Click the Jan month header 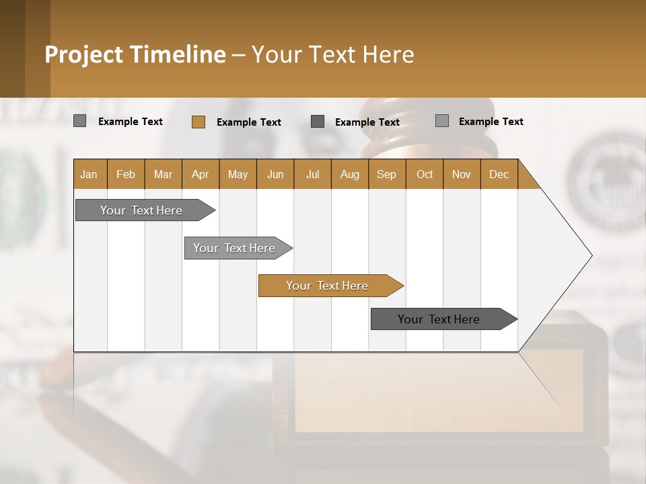[89, 174]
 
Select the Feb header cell [126, 174]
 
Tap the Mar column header [163, 174]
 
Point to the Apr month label [200, 174]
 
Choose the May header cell [238, 174]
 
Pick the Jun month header [275, 174]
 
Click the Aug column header [349, 174]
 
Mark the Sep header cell [386, 174]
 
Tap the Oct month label [425, 174]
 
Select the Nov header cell [462, 174]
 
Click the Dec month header [499, 174]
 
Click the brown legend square [198, 122]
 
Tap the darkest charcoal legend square [318, 122]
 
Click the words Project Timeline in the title [135, 54]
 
